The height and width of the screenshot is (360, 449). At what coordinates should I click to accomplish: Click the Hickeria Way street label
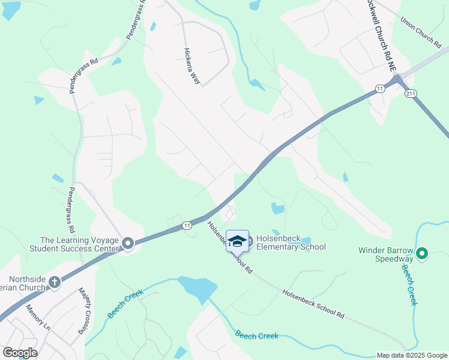click(191, 65)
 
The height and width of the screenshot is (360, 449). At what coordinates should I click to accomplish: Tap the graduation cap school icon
click(237, 241)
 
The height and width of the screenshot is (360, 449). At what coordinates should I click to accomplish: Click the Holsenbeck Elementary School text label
click(291, 242)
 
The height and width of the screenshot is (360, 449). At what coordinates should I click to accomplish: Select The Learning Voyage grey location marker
click(127, 244)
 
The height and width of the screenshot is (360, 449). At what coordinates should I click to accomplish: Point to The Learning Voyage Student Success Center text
click(79, 244)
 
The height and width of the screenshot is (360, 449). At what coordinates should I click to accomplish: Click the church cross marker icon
click(55, 281)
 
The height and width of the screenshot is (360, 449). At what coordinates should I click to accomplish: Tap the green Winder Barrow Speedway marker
click(421, 254)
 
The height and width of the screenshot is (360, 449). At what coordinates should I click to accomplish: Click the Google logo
click(20, 352)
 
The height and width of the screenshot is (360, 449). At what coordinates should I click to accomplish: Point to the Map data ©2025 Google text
click(411, 355)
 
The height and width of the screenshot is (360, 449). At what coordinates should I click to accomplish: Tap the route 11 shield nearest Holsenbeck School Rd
click(187, 225)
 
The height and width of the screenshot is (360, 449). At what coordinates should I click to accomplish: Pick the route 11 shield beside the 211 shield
click(379, 89)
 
